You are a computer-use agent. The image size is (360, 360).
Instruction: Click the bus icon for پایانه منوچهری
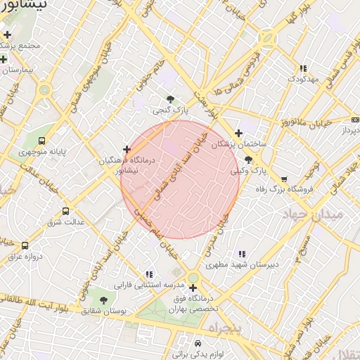tap(42, 141)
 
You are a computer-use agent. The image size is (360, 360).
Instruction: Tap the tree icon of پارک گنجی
tap(171, 99)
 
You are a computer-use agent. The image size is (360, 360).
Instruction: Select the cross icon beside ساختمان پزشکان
tap(238, 133)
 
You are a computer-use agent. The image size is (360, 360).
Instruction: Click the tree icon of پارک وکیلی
tap(247, 160)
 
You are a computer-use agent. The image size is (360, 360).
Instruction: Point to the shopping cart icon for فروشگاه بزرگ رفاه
tap(284, 179)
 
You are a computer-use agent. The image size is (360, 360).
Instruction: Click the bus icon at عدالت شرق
tap(66, 211)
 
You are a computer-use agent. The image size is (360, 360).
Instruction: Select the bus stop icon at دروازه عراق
tap(25, 245)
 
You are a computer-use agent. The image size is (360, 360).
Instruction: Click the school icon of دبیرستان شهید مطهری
tap(242, 254)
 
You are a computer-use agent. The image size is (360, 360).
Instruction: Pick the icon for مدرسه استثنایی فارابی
tap(148, 274)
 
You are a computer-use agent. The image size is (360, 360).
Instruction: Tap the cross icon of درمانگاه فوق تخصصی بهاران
tap(193, 288)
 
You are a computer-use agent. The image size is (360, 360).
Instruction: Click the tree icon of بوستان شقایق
tap(104, 300)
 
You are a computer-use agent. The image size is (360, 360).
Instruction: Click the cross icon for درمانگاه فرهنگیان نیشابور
tap(127, 149)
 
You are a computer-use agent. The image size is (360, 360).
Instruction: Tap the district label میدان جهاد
tap(314, 213)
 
